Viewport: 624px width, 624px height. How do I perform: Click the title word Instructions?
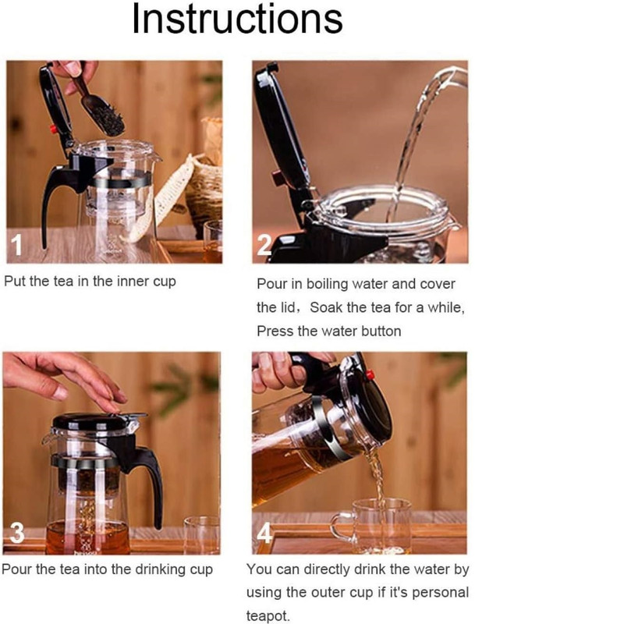pos(237,19)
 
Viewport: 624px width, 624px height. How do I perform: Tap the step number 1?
pos(16,244)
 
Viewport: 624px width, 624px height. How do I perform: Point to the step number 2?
pos(264,244)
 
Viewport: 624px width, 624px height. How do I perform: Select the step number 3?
pos(16,532)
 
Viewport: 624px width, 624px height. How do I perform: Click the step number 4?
pos(264,532)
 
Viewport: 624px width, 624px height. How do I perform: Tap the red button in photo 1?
pos(53,129)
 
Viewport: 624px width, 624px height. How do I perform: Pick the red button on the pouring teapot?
pos(370,374)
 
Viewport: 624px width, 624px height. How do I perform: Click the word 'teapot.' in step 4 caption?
pos(268,615)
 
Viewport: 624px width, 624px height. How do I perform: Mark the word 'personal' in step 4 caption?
pos(441,593)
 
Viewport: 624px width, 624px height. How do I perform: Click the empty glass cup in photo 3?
pos(202,535)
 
